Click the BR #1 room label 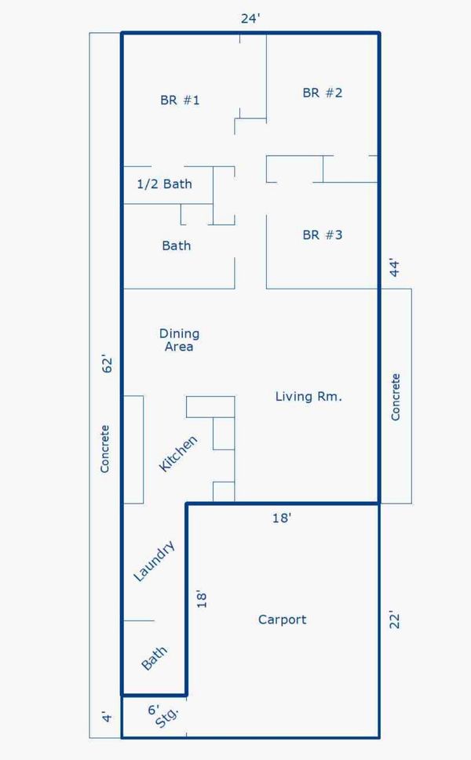pos(180,100)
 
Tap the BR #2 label pos(322,93)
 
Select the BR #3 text pos(322,235)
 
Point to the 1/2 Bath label pos(164,184)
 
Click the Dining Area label pos(179,340)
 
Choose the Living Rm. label pos(309,397)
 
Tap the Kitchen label pos(178,453)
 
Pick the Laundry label pos(154,561)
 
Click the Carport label pos(283,620)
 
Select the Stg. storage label pos(167,718)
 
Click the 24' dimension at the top pos(250,18)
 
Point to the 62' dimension pos(108,364)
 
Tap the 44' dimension pos(395,268)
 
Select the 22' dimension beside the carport pos(395,620)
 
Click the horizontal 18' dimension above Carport pos(281,518)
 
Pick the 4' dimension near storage pos(108,716)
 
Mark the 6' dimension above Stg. pos(153,710)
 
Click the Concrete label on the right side pos(396,397)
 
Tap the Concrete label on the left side pos(104,449)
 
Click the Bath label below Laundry pos(154,658)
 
